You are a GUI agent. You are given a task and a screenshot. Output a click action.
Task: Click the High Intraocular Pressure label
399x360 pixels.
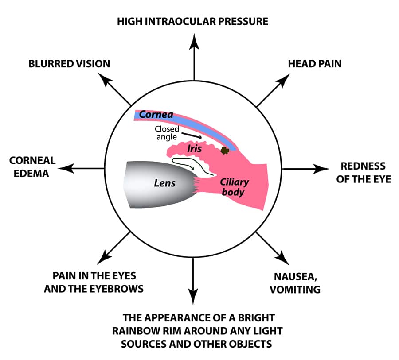tap(192, 21)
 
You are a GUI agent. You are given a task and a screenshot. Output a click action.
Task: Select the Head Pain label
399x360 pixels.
tap(315, 63)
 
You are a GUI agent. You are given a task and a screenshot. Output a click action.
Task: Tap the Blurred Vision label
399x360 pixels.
tap(69, 63)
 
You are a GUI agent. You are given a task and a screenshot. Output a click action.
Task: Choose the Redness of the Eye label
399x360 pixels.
tap(363, 172)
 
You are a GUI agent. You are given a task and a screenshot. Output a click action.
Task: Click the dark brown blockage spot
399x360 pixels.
tap(225, 151)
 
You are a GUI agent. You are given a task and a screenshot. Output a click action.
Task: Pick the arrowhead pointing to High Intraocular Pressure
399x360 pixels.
tap(194, 39)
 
